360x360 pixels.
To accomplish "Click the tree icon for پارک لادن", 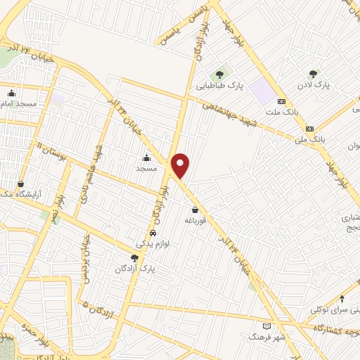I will tap(313, 73).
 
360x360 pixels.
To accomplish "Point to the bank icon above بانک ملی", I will tap(309, 129).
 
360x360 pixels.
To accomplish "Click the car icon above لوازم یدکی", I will tap(153, 233).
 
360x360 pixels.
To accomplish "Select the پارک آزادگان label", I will tap(136, 269).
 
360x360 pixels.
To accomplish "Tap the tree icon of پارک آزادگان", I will tap(134, 258).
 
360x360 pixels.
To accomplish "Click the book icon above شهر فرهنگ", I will tap(266, 326).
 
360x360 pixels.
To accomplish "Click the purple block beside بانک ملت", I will tap(261, 91).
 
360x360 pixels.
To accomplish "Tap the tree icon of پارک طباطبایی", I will tap(219, 73).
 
